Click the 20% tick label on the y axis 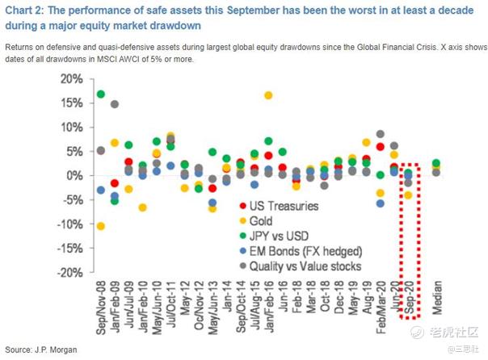coord(69,78)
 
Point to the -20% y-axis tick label coord(68,272)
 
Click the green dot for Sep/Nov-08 coord(101,94)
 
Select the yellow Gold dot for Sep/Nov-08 coord(101,226)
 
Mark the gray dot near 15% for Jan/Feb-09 coord(115,104)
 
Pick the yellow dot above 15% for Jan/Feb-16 coord(268,95)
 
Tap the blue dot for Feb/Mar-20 coord(380,203)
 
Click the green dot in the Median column coord(435,163)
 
